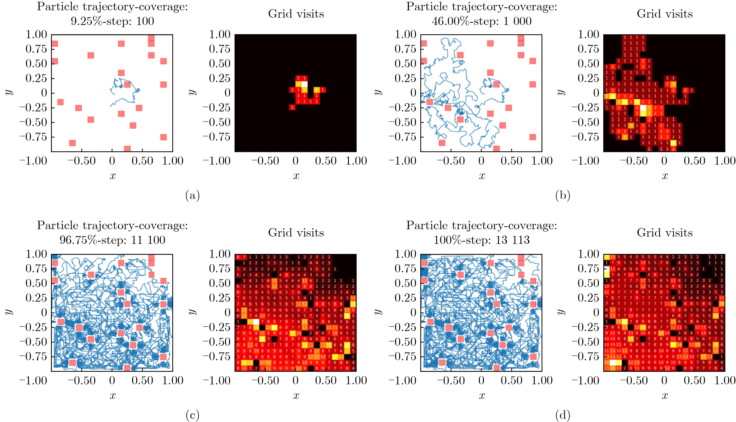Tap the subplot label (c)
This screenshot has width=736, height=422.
click(x=192, y=415)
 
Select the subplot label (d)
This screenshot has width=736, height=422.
click(x=563, y=415)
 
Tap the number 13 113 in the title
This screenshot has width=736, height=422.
click(x=513, y=240)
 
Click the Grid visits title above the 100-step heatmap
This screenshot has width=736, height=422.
click(x=296, y=14)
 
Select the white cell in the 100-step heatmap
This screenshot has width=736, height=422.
click(x=304, y=84)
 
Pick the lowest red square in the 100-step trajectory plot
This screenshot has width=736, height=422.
click(x=127, y=149)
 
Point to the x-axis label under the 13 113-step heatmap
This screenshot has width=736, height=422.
click(x=665, y=396)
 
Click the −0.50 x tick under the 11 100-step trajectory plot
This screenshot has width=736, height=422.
click(x=82, y=380)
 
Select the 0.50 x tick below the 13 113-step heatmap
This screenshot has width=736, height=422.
click(x=695, y=380)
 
